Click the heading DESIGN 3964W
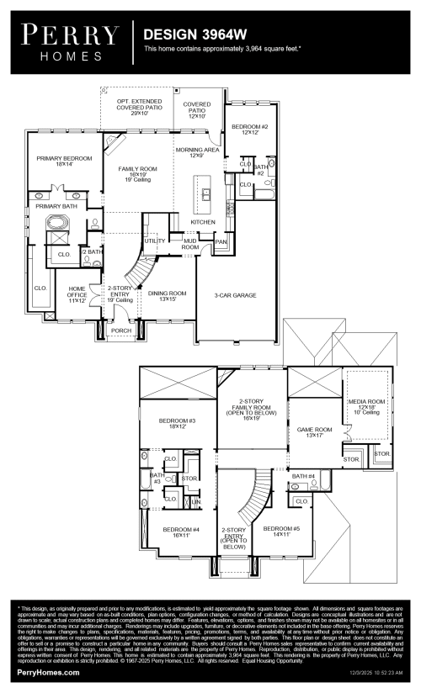184,35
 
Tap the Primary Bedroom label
64,161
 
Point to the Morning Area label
196,152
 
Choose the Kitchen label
203,222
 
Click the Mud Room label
190,246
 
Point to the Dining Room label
167,296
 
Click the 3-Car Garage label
235,295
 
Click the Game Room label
314,432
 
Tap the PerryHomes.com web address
48,673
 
